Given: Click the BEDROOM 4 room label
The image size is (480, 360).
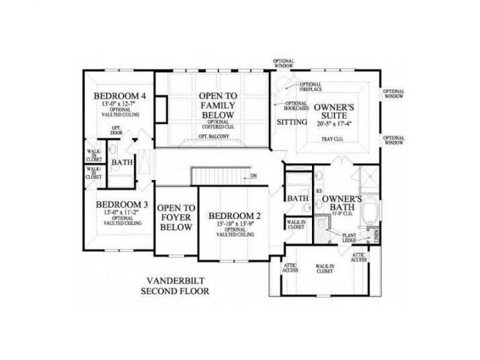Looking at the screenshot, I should click(120, 95).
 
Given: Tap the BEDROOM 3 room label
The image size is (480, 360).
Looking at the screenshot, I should click(122, 204).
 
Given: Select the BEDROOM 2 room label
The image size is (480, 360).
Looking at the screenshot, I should click(235, 216).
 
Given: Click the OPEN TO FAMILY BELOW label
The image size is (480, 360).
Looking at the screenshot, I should click(217, 105).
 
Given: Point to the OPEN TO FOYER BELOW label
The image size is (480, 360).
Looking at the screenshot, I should click(176, 218).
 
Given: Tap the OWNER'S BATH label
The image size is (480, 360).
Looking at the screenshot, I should click(343, 204).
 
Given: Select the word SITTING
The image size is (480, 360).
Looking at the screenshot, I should click(292, 122).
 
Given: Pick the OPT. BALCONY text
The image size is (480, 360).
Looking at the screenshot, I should click(214, 136).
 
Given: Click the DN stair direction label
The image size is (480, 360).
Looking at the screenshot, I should click(253, 177).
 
